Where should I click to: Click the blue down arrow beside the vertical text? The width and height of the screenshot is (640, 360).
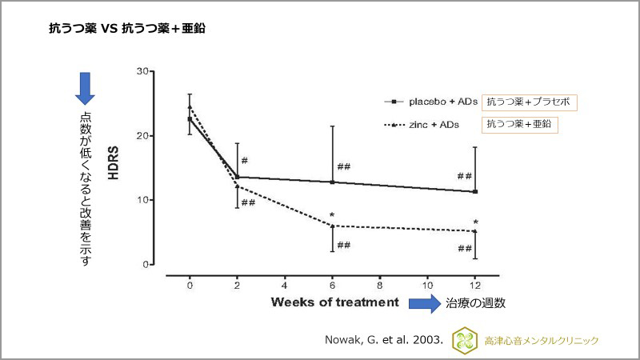84,88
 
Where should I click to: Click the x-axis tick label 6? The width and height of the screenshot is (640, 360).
332,285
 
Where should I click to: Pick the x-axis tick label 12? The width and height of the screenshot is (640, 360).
474,285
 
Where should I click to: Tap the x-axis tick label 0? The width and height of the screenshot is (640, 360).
190,285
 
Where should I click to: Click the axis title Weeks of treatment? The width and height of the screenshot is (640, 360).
334,302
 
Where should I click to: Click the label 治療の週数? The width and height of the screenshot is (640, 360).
477,304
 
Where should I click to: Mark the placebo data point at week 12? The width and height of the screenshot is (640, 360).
475,191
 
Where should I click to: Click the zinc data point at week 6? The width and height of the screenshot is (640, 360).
332,226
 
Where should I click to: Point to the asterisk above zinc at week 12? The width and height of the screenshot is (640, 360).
475,222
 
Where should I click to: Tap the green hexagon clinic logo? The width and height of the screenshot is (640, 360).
463,341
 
